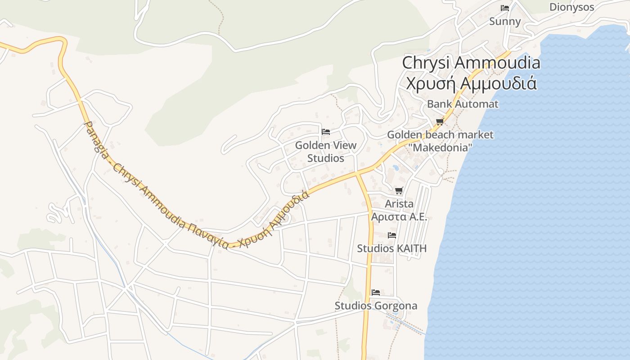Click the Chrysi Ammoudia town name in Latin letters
[471, 63]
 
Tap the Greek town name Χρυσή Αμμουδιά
[471, 83]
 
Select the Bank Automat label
[463, 104]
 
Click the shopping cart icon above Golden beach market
[440, 122]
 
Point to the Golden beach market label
[440, 135]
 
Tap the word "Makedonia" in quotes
[440, 147]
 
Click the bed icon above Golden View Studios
[326, 132]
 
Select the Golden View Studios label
[326, 152]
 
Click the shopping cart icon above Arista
[399, 191]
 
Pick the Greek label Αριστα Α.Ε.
[399, 216]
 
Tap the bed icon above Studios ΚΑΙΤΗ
[392, 235]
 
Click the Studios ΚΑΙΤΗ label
[392, 248]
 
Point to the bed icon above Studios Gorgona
[376, 292]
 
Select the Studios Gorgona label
[376, 306]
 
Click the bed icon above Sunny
[505, 8]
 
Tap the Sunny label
[505, 22]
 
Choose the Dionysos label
[571, 7]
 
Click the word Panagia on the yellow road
[96, 137]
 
